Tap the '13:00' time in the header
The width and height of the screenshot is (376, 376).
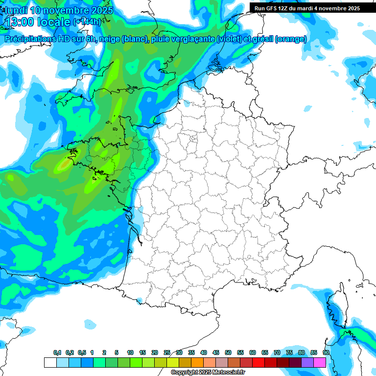point(20,22)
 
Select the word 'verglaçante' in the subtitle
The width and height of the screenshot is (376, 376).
point(191,39)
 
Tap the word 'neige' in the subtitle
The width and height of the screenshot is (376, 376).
point(109,39)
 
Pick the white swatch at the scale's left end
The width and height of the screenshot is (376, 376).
point(50,363)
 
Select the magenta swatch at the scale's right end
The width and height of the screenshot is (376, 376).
point(320,363)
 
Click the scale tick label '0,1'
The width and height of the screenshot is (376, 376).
point(57,353)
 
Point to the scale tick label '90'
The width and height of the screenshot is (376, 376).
point(326,353)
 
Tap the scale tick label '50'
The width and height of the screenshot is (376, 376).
point(228,353)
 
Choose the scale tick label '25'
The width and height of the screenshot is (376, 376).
point(167,353)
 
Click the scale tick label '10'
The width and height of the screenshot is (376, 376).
point(130,353)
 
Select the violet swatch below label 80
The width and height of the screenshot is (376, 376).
point(307,363)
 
